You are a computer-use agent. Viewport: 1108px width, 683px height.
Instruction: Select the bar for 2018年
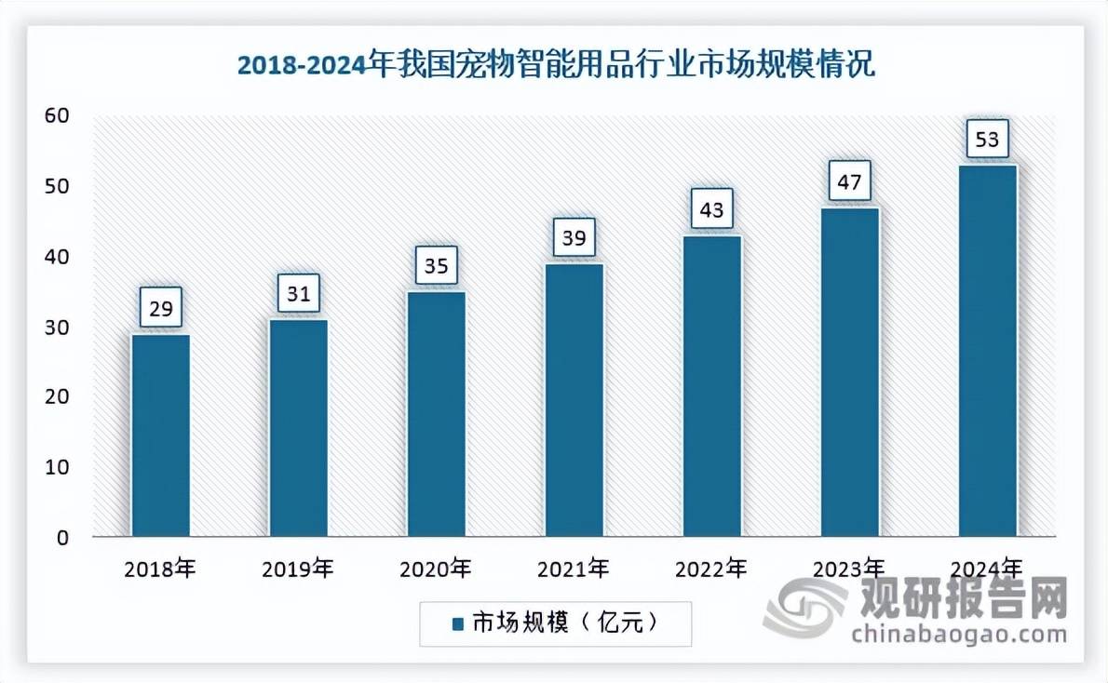click(160, 435)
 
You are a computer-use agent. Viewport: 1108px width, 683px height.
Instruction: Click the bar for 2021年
click(574, 400)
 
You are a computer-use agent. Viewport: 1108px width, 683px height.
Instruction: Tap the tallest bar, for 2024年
click(988, 351)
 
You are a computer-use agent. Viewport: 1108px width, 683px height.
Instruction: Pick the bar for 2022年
click(712, 386)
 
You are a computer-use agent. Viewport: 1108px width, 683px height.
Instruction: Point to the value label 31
click(298, 295)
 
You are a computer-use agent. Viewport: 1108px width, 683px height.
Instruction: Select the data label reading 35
click(437, 267)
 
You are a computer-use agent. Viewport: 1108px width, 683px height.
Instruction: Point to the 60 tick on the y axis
click(57, 115)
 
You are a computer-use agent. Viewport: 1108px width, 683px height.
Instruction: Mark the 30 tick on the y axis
click(57, 328)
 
